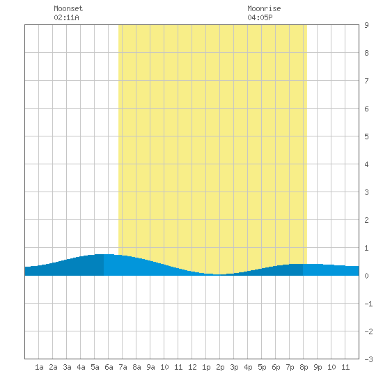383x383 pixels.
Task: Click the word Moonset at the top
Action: click(x=68, y=8)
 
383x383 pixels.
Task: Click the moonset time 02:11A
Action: click(x=66, y=17)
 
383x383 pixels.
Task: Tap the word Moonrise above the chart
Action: click(x=264, y=8)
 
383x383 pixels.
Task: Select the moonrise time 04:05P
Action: click(x=260, y=17)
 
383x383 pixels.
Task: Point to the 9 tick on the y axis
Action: click(x=366, y=25)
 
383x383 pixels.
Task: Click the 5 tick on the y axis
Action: click(x=366, y=136)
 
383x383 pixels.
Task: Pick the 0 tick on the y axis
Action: click(x=366, y=276)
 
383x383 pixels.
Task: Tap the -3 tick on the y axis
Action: click(x=368, y=359)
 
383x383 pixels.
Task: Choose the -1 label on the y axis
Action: click(x=368, y=304)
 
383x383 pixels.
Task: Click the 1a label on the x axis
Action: click(x=39, y=367)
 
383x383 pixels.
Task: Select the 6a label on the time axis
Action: click(x=109, y=367)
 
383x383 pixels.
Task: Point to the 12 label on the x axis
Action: click(x=192, y=367)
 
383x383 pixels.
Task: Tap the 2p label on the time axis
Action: click(x=220, y=367)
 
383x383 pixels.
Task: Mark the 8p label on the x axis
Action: click(x=304, y=367)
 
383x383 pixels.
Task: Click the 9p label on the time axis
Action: click(x=318, y=367)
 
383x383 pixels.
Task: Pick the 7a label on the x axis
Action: click(x=123, y=367)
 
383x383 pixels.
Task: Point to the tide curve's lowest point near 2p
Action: click(x=220, y=274)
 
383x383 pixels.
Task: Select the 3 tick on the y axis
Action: click(x=366, y=192)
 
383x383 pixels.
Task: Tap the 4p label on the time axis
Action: click(x=248, y=367)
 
